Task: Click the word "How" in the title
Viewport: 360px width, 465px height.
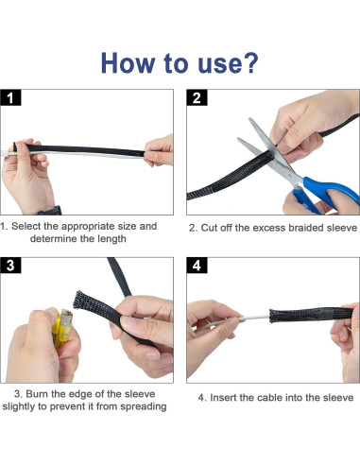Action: [128, 63]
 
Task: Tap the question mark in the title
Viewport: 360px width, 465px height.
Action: [250, 62]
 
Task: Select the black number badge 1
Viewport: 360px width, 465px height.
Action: [10, 97]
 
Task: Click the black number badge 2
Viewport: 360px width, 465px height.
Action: [197, 97]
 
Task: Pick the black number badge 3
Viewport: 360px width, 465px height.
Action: [10, 266]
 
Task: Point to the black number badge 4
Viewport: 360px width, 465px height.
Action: [197, 266]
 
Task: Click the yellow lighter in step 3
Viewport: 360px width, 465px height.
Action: [62, 329]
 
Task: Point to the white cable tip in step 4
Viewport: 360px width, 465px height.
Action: [241, 319]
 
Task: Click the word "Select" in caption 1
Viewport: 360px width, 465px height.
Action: [26, 226]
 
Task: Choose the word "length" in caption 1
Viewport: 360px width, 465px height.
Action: [111, 239]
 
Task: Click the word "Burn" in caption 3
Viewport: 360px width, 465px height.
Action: [37, 394]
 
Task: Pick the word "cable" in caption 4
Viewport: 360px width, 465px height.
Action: [270, 398]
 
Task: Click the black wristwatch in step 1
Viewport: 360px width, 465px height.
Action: [50, 211]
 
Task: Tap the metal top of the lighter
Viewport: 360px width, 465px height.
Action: [66, 317]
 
